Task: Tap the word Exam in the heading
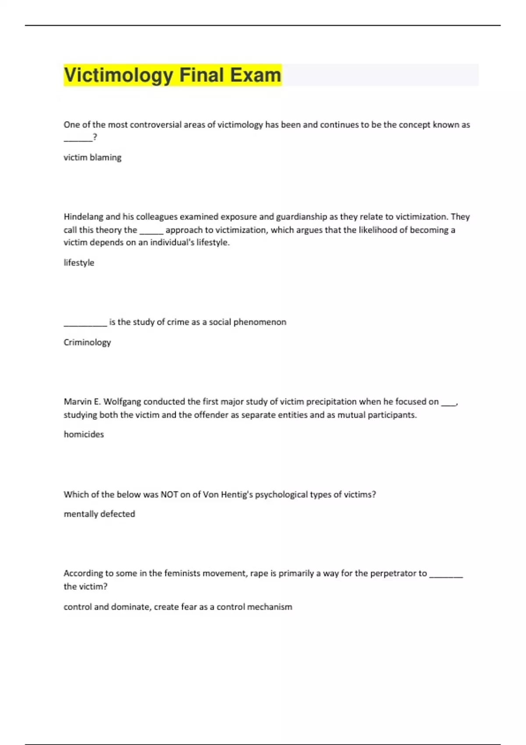(255, 75)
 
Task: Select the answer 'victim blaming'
(92, 157)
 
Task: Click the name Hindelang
(84, 216)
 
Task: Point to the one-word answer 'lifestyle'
(79, 263)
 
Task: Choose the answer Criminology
(87, 342)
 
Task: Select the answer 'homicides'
(84, 434)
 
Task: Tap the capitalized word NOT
(169, 494)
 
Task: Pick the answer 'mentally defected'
(100, 514)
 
